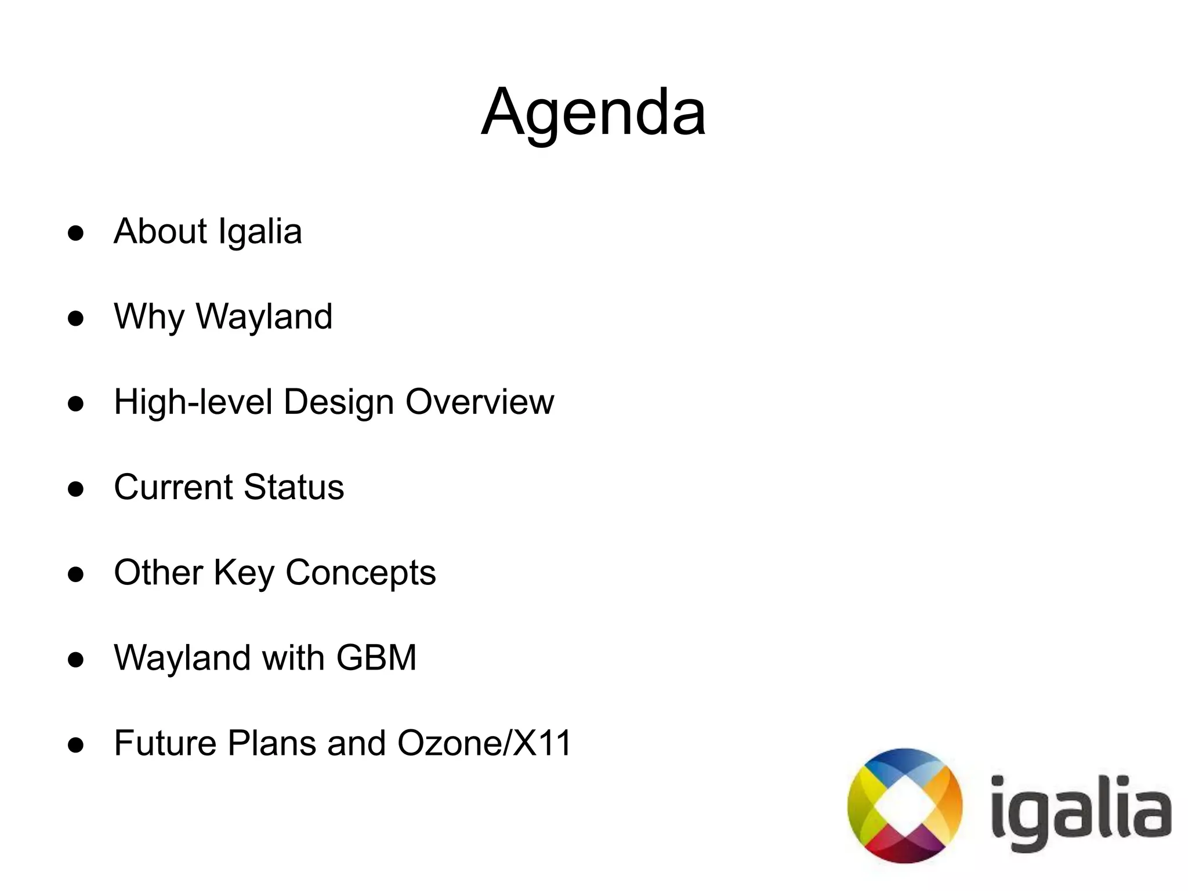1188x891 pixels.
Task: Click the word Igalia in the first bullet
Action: point(260,232)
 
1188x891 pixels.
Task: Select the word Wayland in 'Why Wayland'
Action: point(264,317)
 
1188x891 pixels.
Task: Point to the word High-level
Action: point(193,402)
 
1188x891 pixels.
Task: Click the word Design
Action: point(339,402)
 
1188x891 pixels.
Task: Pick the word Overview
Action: point(480,402)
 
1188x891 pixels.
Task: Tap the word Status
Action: point(294,487)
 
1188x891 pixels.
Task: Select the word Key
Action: point(244,573)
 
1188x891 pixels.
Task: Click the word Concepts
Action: point(360,573)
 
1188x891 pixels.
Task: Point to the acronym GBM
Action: point(376,658)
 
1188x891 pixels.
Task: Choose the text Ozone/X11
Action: point(484,743)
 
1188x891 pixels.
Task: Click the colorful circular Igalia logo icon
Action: point(904,806)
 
